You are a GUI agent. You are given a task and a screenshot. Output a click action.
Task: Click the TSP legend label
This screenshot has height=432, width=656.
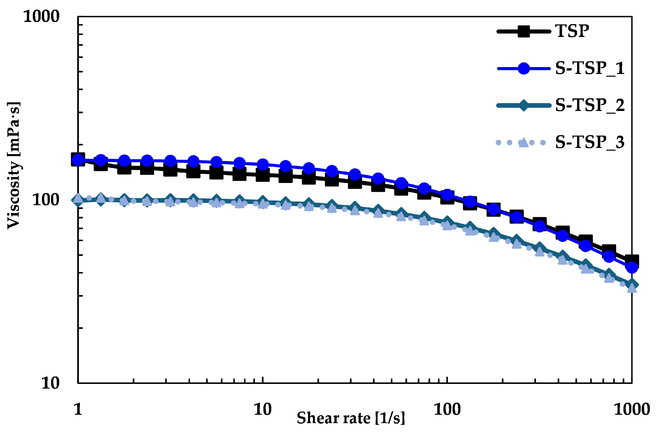coord(572,31)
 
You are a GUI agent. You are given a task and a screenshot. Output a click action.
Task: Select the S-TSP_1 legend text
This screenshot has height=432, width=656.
coord(590,68)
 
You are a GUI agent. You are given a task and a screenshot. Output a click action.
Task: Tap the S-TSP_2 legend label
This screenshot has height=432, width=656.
coord(590,105)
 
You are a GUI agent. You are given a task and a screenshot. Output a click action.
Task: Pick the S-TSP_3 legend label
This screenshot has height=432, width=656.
coord(590,143)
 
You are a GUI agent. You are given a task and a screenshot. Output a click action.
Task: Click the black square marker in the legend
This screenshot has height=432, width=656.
coord(523,31)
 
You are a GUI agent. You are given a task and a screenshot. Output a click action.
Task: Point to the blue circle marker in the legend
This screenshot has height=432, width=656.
coord(523,68)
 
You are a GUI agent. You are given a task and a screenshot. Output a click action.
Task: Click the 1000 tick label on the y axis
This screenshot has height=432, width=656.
coord(41,17)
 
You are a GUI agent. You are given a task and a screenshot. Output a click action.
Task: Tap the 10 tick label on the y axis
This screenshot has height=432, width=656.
coord(51,383)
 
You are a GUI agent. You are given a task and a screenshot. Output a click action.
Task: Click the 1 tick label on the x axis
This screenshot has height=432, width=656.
coord(78,409)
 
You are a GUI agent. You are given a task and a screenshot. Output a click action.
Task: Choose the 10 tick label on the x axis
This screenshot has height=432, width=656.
coord(262,409)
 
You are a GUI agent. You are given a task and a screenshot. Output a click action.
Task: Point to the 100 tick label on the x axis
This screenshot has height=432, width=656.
coord(447,409)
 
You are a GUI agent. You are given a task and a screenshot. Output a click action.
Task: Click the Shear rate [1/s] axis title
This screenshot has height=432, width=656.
coord(351,418)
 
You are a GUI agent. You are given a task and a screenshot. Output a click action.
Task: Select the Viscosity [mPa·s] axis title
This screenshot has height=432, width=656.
coord(14,165)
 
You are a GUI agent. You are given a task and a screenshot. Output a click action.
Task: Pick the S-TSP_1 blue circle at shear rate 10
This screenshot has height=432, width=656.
coord(262,164)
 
